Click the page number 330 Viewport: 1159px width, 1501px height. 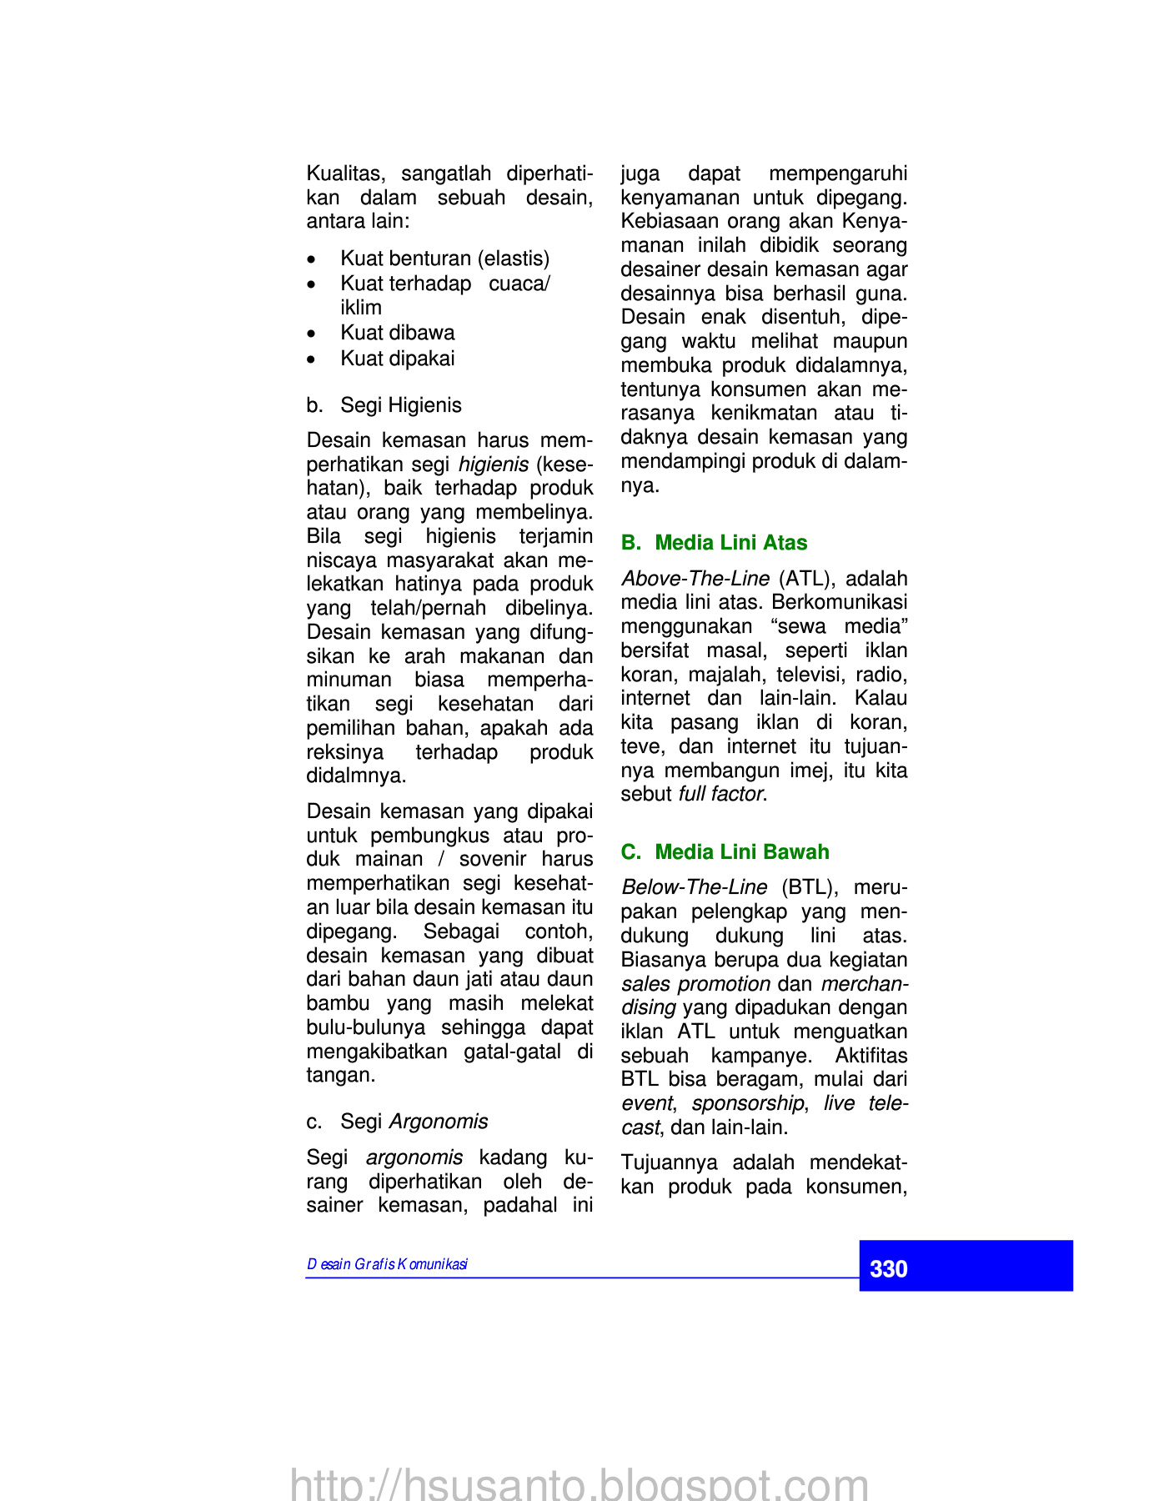888,1268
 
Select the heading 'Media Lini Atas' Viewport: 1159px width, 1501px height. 730,543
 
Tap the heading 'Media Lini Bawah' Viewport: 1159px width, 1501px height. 741,851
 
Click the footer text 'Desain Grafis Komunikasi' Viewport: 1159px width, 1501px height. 387,1264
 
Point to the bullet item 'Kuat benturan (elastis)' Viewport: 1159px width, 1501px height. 444,259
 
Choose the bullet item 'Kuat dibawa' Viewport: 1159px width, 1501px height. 397,333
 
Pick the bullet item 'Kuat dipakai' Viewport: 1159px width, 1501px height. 397,359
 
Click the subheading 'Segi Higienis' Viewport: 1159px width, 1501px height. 400,405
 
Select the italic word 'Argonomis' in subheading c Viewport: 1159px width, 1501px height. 439,1122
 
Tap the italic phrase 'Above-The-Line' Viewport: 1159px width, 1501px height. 695,579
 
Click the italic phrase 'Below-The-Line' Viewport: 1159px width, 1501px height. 694,887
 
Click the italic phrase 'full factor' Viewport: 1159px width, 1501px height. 720,794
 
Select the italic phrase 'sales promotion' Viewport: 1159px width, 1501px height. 695,984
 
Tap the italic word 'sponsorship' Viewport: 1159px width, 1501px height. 748,1103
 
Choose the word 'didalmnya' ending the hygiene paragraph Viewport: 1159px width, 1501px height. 355,776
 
